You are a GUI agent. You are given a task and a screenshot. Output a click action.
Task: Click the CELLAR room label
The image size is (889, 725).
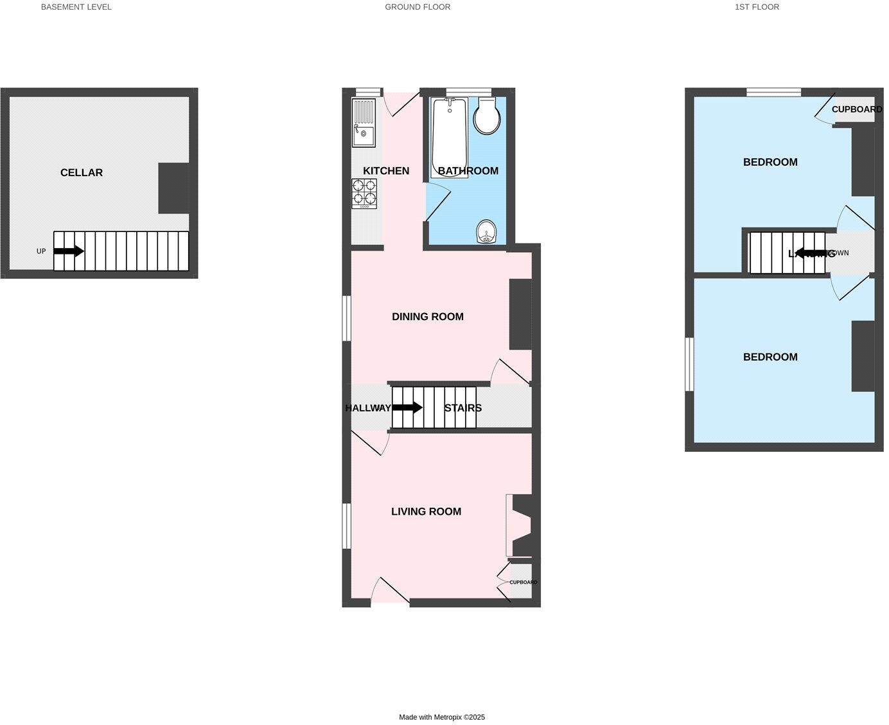[x=82, y=172]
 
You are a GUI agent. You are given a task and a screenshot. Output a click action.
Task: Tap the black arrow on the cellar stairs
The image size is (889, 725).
[x=69, y=251]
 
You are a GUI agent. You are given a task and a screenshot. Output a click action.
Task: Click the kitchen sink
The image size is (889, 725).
[x=363, y=134]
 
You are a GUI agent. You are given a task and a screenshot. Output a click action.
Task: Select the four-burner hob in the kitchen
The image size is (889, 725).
[x=364, y=192]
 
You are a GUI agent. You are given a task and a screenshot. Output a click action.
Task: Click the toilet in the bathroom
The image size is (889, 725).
[x=486, y=116]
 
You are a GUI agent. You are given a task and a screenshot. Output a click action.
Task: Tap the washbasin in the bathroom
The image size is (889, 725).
[x=487, y=231]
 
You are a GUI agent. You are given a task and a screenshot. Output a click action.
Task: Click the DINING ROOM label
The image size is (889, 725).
[x=428, y=316]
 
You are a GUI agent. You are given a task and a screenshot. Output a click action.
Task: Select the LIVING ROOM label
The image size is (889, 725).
[x=426, y=512]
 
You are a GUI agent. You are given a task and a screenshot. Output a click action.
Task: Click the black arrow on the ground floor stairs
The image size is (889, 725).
[x=407, y=407]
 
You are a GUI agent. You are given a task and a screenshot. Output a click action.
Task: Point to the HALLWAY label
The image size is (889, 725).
[x=368, y=408]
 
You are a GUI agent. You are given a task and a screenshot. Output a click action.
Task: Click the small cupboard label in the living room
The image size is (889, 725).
[x=524, y=582]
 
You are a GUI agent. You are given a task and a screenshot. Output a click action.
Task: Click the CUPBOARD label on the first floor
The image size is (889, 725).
[x=857, y=109]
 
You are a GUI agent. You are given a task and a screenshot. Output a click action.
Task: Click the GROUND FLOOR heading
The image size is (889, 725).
[x=418, y=7]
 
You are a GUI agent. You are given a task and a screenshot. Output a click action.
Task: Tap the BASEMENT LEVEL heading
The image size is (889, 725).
[x=76, y=7]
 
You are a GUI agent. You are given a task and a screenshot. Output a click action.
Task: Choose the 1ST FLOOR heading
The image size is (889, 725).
[x=757, y=7]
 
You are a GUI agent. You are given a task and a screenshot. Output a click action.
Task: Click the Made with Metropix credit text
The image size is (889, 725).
[x=442, y=717]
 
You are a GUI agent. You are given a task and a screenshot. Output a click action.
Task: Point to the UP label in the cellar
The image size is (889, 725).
[x=41, y=251]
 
